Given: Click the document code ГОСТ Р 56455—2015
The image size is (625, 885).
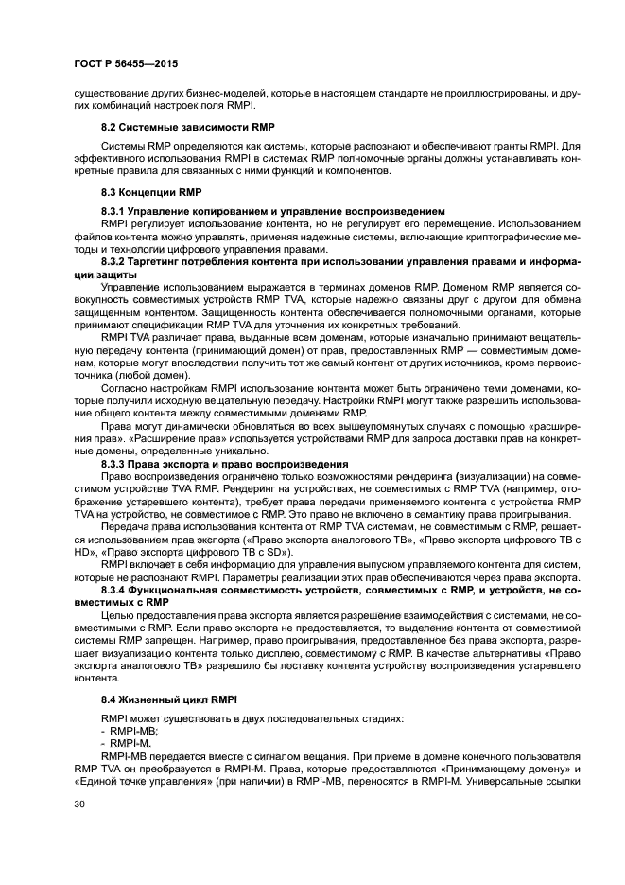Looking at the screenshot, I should coord(126,63).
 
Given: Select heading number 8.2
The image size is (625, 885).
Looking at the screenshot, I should coord(110,127).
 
